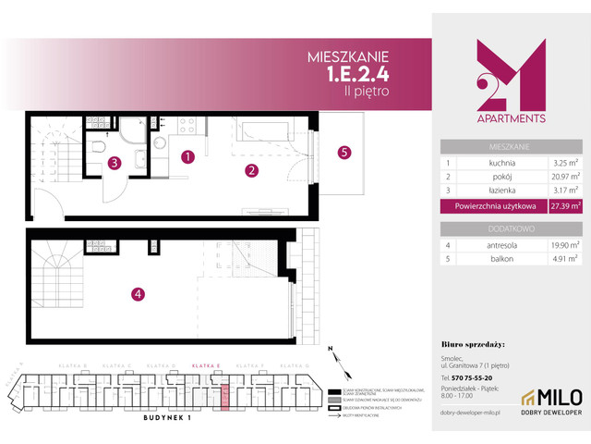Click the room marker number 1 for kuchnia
pyautogui.click(x=187, y=156)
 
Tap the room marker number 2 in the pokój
pyautogui.click(x=250, y=170)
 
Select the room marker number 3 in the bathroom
pyautogui.click(x=114, y=164)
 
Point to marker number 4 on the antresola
pyautogui.click(x=137, y=294)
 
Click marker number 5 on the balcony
pyautogui.click(x=344, y=153)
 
